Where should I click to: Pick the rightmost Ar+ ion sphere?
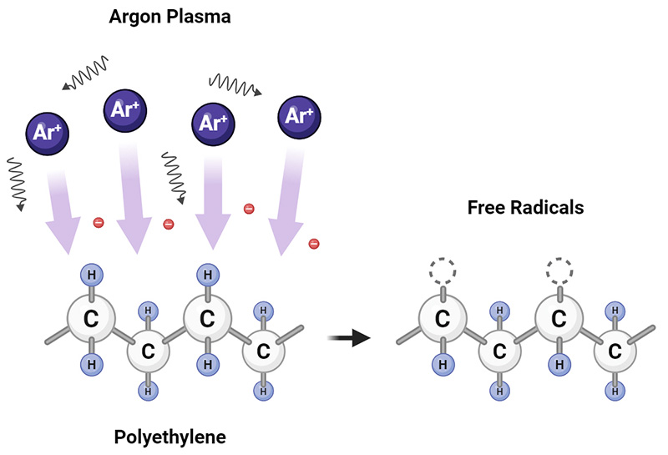tap(300, 115)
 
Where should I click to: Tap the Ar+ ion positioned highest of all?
tap(124, 112)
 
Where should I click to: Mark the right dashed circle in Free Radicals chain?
tap(559, 272)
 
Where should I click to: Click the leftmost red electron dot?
tap(99, 221)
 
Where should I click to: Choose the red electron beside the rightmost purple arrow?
tap(314, 243)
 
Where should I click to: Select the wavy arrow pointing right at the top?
tap(235, 84)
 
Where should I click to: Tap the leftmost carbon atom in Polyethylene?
tap(89, 318)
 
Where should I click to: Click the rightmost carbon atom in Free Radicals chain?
tap(615, 352)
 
